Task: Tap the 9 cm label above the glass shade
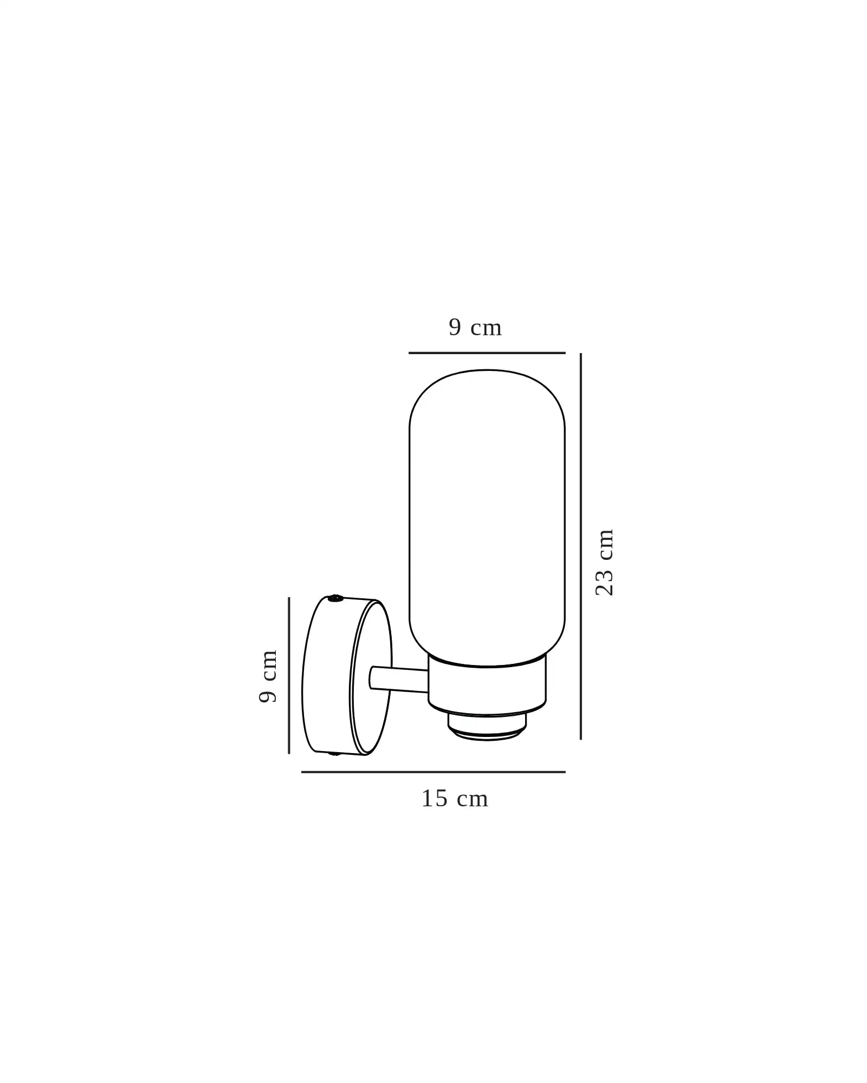(x=475, y=328)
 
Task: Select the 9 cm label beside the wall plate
(x=268, y=676)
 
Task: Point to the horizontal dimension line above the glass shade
(x=487, y=353)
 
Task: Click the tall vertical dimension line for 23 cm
(x=581, y=547)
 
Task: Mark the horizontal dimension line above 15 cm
(x=433, y=772)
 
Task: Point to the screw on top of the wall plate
(x=335, y=598)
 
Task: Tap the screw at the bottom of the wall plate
(x=335, y=753)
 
